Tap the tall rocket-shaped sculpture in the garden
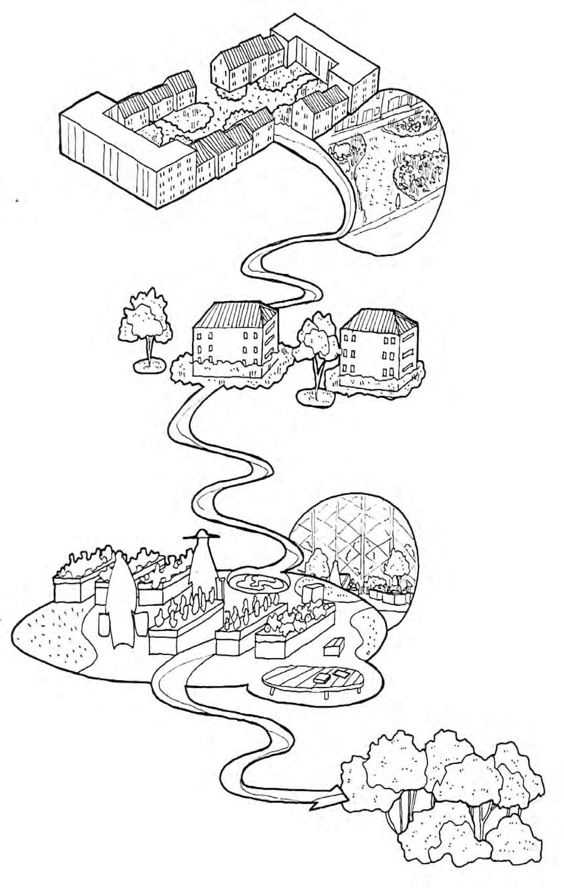click(121, 602)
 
